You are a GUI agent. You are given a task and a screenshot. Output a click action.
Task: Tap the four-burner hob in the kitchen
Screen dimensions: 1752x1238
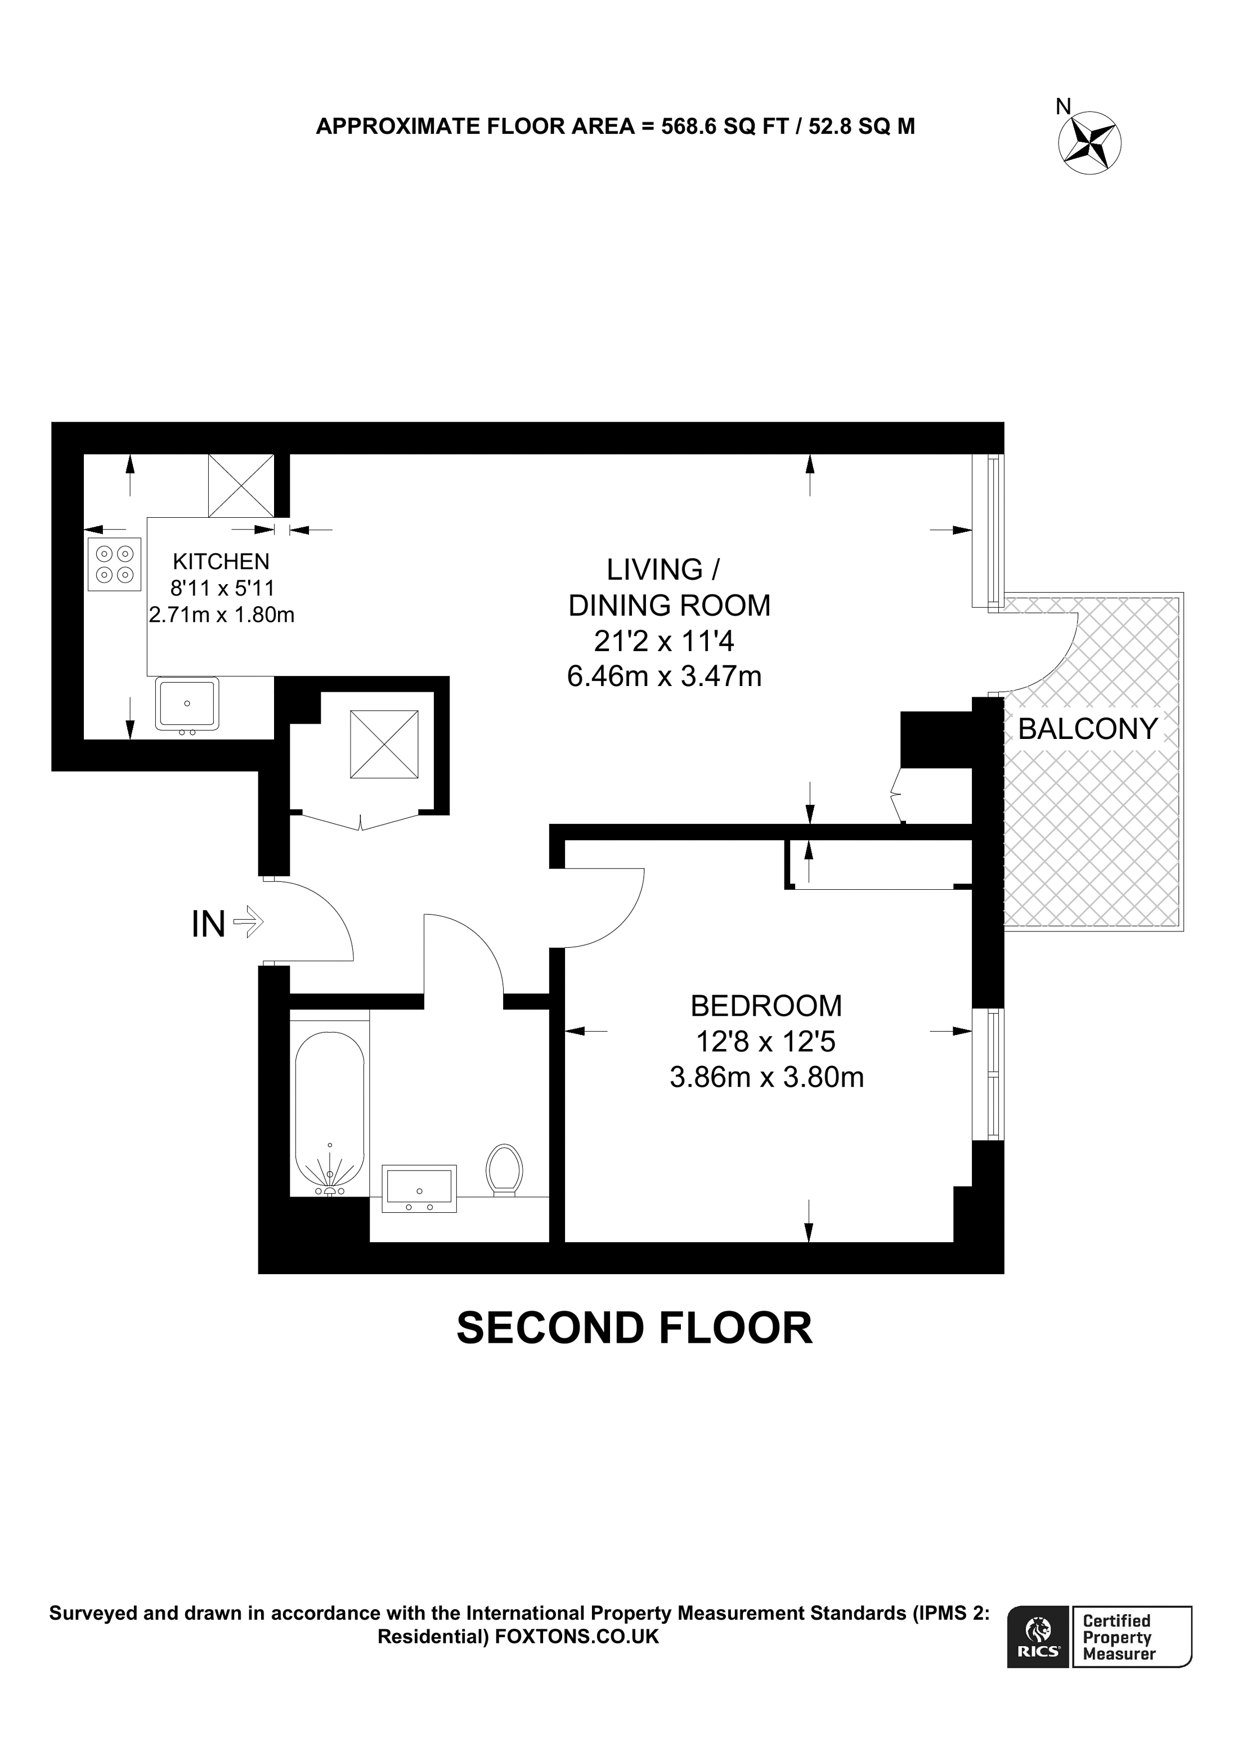click(114, 564)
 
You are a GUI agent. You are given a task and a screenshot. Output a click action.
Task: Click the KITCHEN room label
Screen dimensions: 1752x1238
click(221, 562)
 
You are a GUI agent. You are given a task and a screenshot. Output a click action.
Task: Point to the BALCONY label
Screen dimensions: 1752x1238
click(1088, 729)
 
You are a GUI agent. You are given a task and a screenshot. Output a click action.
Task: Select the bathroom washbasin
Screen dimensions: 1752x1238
click(419, 1188)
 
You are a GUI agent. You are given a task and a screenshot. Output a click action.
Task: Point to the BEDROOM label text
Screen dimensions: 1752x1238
click(766, 1006)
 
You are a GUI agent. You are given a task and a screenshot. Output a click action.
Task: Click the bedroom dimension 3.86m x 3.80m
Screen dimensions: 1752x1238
click(766, 1077)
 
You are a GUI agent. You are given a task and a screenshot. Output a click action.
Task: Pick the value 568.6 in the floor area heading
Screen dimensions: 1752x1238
click(689, 127)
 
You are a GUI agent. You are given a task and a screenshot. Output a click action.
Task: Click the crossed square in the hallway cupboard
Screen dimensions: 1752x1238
click(384, 744)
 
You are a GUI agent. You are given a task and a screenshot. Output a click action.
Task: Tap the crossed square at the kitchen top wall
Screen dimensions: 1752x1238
click(241, 485)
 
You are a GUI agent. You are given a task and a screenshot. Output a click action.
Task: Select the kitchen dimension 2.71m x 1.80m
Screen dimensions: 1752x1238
click(221, 615)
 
